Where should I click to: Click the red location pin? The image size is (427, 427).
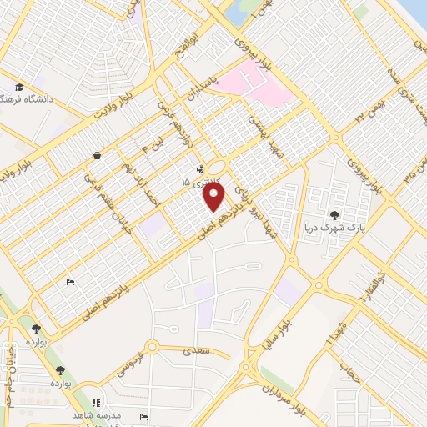click(215, 198)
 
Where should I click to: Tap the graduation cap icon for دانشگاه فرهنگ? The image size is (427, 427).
click(18, 87)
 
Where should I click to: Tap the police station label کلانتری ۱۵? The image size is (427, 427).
click(198, 180)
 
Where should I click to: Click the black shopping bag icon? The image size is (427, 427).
click(97, 154)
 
